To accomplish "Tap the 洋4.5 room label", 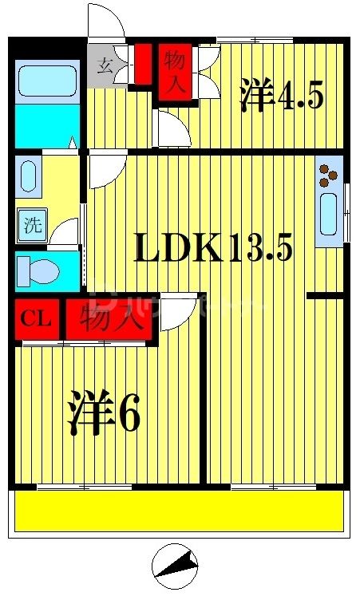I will [x=281, y=97].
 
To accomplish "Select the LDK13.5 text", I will [x=213, y=250].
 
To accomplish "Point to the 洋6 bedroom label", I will [x=104, y=412].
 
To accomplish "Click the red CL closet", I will [x=36, y=319].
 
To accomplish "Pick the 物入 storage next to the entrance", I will [x=176, y=73].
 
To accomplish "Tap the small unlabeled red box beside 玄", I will [x=144, y=64].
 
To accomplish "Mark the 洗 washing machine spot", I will [x=33, y=226].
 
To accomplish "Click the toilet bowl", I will [x=38, y=270].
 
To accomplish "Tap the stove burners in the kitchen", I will [x=328, y=176].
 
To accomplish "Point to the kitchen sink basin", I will [x=328, y=215].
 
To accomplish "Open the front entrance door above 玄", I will [x=106, y=22].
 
